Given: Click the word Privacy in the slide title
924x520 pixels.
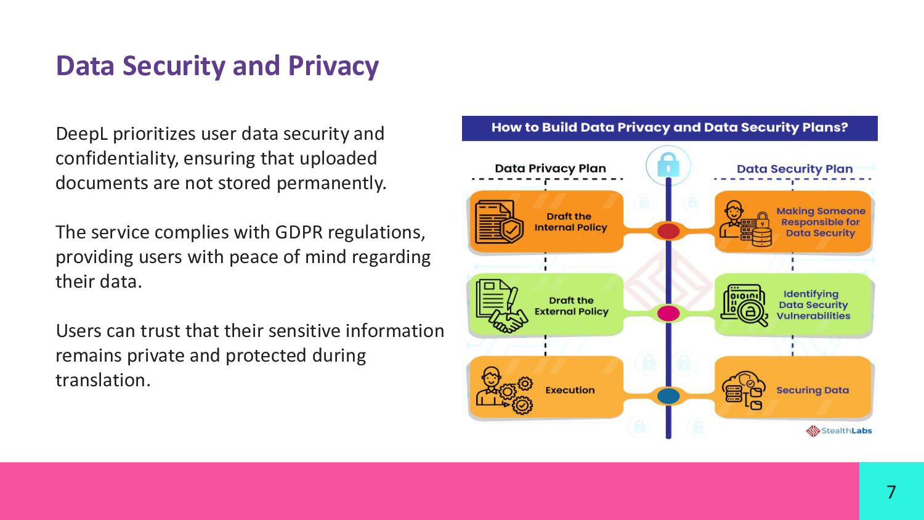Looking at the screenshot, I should [333, 67].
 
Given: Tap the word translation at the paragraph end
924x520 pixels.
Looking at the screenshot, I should [102, 380].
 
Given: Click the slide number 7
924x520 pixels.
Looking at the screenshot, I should [891, 492].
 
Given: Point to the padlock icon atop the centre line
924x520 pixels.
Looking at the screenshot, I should [668, 165].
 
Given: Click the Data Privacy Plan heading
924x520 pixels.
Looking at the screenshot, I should [550, 168].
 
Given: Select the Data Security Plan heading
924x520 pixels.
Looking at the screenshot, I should [795, 169].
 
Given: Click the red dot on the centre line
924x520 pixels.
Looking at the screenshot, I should [668, 231].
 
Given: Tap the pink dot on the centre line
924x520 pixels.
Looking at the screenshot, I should [668, 313].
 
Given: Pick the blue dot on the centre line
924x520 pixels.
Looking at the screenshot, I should [668, 396].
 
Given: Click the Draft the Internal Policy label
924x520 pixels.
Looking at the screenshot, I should [570, 222].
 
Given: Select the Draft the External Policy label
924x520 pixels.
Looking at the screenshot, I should [571, 306].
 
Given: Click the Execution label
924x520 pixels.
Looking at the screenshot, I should [570, 390].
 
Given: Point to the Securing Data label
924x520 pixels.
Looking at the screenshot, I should [813, 390].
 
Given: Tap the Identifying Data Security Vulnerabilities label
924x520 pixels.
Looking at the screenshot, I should [813, 305].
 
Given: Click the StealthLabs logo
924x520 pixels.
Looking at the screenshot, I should [839, 431].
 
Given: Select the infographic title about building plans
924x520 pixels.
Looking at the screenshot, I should [670, 128].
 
